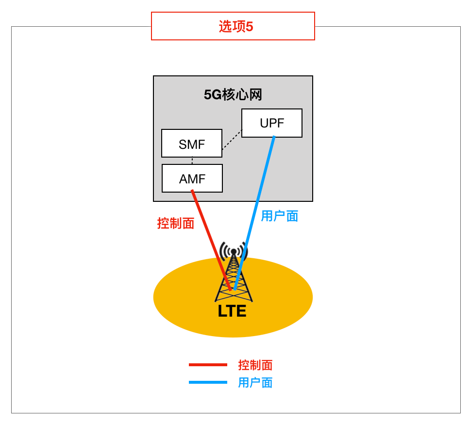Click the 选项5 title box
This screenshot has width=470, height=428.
click(x=233, y=26)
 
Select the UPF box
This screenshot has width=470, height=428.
click(x=271, y=123)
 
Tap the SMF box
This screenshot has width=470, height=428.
click(x=191, y=143)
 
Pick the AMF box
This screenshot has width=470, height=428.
click(x=192, y=178)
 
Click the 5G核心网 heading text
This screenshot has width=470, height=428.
click(x=233, y=94)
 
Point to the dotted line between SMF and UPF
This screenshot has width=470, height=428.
click(x=232, y=140)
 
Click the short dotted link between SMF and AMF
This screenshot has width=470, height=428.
click(x=192, y=160)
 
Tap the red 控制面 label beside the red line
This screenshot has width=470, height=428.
click(x=175, y=223)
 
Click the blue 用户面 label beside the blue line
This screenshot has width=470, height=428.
click(x=279, y=216)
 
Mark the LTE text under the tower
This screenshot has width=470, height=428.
click(x=232, y=311)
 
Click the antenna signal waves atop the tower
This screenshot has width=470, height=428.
click(x=234, y=250)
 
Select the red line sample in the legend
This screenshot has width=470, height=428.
click(x=208, y=365)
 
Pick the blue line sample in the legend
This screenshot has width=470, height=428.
click(x=208, y=382)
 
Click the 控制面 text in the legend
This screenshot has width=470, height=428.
click(x=255, y=365)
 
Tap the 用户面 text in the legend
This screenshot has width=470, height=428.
click(x=255, y=383)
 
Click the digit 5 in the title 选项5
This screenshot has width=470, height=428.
click(x=250, y=26)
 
